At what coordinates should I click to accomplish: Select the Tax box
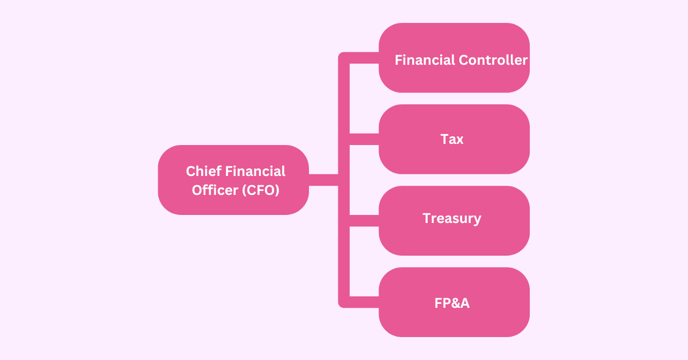(454, 155)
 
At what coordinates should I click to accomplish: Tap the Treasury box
(454, 235)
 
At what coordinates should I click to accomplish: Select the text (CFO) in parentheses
(260, 190)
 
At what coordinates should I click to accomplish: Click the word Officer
(214, 190)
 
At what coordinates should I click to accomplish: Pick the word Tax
(452, 139)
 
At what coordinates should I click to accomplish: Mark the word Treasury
(452, 218)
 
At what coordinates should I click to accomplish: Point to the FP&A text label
(452, 303)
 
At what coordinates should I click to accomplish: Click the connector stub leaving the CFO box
(323, 180)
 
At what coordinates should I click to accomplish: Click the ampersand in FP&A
(452, 303)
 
